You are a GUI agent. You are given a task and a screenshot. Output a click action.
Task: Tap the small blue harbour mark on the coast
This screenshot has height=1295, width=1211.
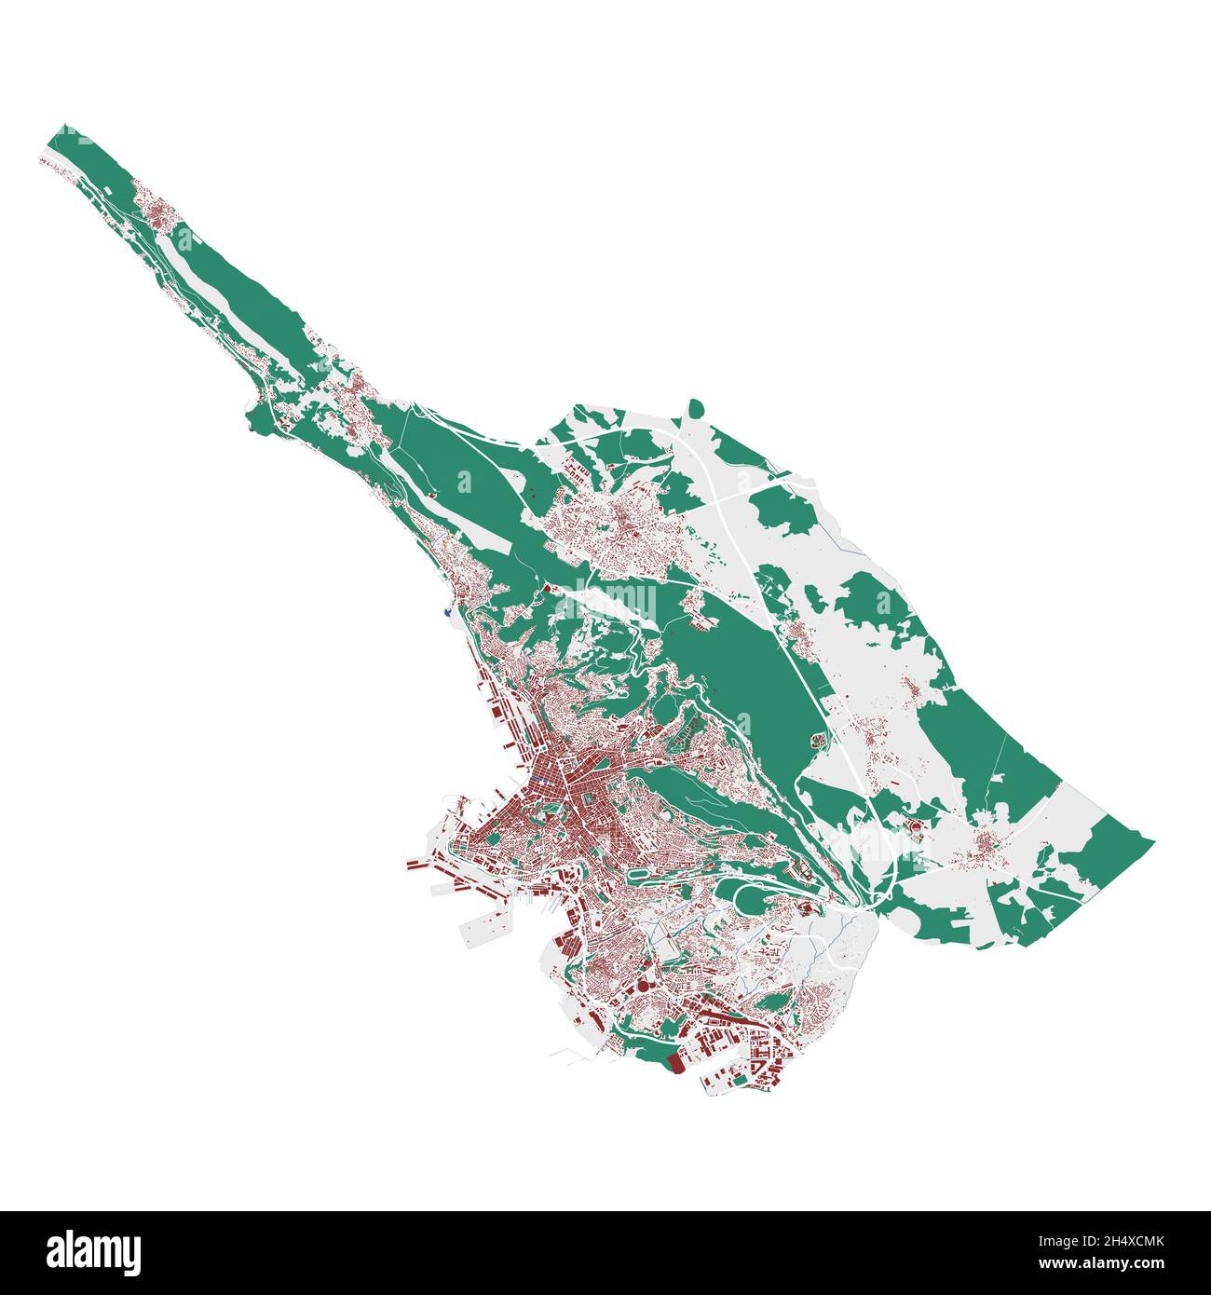click(448, 612)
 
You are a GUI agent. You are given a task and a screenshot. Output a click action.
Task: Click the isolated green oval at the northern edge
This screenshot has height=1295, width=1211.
click(695, 407)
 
